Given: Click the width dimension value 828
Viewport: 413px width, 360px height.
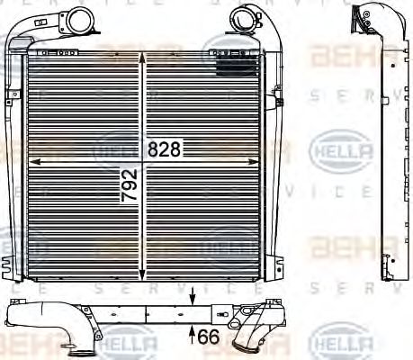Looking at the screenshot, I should tap(166, 151).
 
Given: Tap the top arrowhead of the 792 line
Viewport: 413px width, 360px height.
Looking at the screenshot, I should tap(142, 57).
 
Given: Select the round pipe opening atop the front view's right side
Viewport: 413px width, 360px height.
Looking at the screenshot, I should tap(243, 16).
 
